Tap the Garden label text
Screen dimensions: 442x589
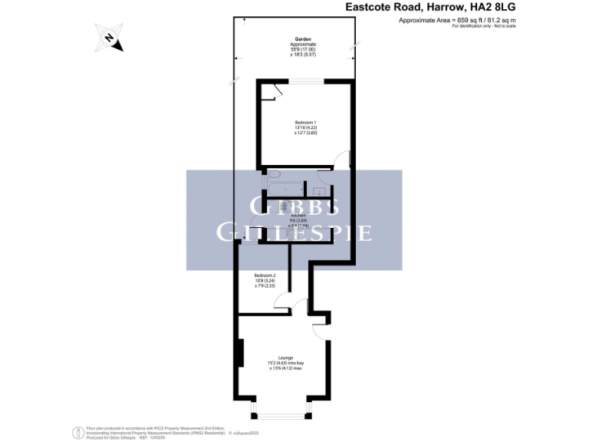(303, 38)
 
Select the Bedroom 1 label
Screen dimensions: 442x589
(305, 123)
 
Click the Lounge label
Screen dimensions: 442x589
(286, 358)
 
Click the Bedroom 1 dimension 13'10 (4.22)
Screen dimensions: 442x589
(305, 128)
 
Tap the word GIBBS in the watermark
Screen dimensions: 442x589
(295, 207)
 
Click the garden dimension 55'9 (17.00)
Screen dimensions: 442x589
(302, 49)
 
